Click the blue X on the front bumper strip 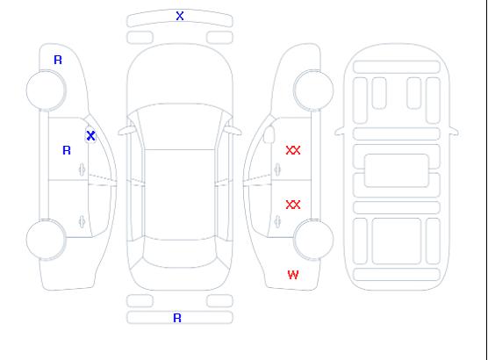(x=180, y=16)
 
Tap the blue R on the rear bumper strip (x=177, y=318)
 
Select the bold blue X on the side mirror (x=90, y=135)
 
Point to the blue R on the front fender (x=58, y=60)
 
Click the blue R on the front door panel (x=67, y=150)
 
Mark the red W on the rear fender (x=293, y=275)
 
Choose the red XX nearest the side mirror (x=293, y=150)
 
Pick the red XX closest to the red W (x=293, y=205)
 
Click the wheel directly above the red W (x=313, y=239)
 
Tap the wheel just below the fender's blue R (x=46, y=90)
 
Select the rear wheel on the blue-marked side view (x=46, y=239)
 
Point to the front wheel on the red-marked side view (x=313, y=90)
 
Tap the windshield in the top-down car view (x=180, y=126)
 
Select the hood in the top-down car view (x=180, y=75)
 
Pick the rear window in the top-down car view (x=180, y=253)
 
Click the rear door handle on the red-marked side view (x=277, y=222)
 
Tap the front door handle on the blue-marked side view (x=83, y=169)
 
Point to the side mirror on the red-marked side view (x=269, y=134)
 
